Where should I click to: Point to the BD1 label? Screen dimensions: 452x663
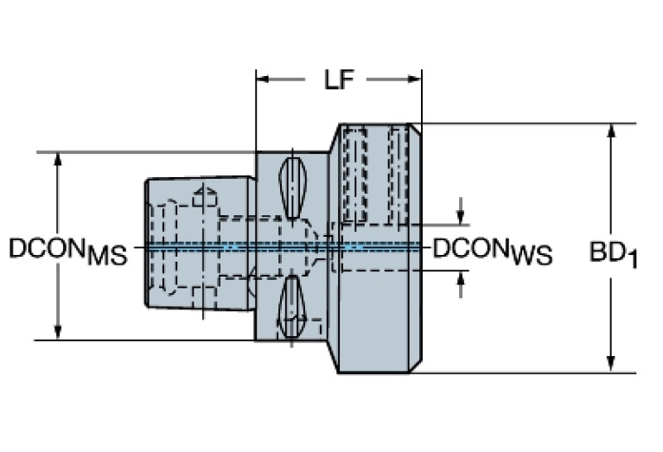(613, 254)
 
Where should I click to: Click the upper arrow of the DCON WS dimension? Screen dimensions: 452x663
(461, 214)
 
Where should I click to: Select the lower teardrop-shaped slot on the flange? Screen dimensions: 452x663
(294, 306)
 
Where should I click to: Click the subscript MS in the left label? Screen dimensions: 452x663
(106, 257)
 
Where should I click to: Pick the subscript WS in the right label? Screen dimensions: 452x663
(531, 257)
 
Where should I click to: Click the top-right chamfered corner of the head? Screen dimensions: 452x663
(415, 130)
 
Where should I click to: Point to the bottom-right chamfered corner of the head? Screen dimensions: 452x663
(415, 366)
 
